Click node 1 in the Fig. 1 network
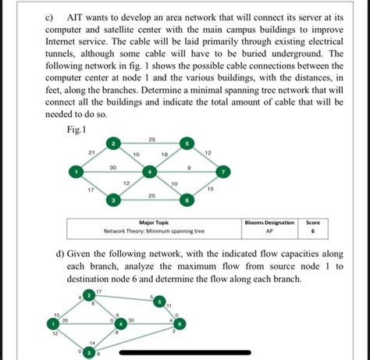click(x=76, y=172)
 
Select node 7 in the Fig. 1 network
click(x=224, y=171)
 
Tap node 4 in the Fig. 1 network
click(x=151, y=172)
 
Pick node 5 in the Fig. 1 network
click(x=187, y=144)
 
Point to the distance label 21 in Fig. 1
click(x=92, y=151)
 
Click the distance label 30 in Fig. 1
click(x=113, y=167)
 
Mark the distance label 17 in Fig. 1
click(x=91, y=190)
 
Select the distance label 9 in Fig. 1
click(x=189, y=167)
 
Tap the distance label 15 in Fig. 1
click(x=210, y=189)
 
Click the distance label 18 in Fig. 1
click(x=165, y=155)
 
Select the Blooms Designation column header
click(x=269, y=223)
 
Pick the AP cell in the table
click(x=269, y=231)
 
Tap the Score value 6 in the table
click(x=312, y=231)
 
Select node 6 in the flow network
click(x=180, y=323)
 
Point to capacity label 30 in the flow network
click(x=131, y=319)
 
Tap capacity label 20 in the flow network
click(x=65, y=320)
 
